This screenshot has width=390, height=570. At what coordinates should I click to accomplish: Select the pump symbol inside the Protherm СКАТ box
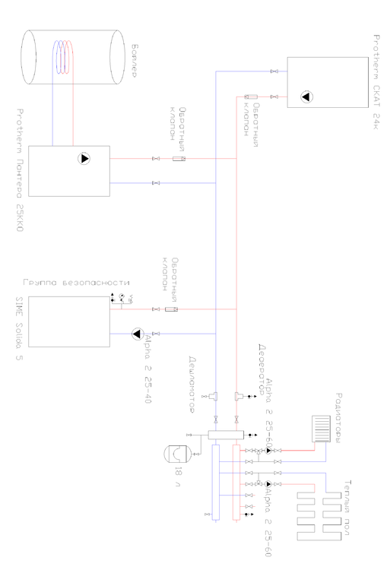[x=306, y=97]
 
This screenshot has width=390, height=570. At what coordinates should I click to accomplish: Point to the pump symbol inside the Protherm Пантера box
[x=84, y=159]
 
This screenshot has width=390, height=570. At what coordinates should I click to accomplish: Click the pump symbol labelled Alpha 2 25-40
[x=138, y=334]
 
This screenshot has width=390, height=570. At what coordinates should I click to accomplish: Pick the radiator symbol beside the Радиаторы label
[x=323, y=429]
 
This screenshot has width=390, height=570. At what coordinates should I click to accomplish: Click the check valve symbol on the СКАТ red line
[x=251, y=97]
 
